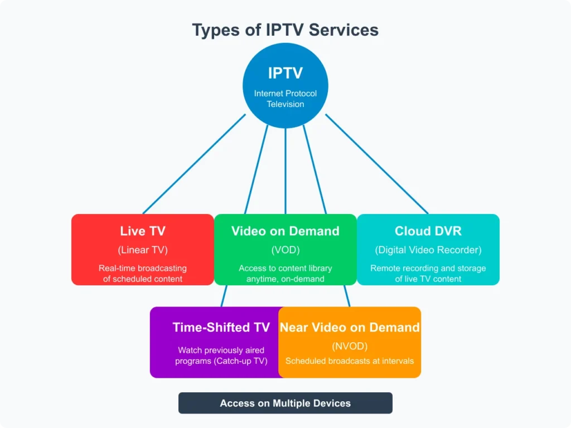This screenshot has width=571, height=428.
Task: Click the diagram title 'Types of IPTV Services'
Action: click(x=285, y=30)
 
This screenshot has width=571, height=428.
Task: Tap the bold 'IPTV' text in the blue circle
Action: click(x=285, y=73)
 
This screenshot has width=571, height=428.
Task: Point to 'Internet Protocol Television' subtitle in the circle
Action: click(x=285, y=99)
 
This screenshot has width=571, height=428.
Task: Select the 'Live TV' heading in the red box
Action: click(x=143, y=231)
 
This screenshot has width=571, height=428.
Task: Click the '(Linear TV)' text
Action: click(x=143, y=250)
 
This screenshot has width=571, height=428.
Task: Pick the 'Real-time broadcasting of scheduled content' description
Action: click(x=143, y=273)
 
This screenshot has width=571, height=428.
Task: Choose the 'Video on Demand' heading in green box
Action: click(x=285, y=231)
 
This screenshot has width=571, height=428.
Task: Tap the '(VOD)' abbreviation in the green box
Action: click(x=285, y=250)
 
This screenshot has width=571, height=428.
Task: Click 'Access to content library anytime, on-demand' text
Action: click(x=285, y=273)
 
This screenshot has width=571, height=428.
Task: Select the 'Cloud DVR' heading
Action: click(x=428, y=231)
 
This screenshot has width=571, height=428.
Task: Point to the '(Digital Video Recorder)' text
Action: click(x=428, y=250)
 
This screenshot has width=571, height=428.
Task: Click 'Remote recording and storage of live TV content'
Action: click(x=428, y=273)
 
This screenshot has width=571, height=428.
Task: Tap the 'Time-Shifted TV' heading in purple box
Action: click(x=221, y=327)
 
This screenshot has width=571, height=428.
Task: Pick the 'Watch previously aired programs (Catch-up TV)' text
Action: click(x=221, y=356)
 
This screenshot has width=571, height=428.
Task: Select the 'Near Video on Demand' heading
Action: click(x=350, y=327)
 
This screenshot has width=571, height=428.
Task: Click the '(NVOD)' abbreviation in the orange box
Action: click(x=350, y=346)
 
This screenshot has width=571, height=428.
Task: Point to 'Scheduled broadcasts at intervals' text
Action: click(x=350, y=361)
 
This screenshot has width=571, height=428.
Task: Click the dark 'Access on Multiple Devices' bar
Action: click(x=285, y=403)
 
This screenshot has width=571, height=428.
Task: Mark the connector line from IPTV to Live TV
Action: click(x=194, y=164)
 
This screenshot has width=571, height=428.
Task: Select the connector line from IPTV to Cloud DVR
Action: click(x=377, y=164)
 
